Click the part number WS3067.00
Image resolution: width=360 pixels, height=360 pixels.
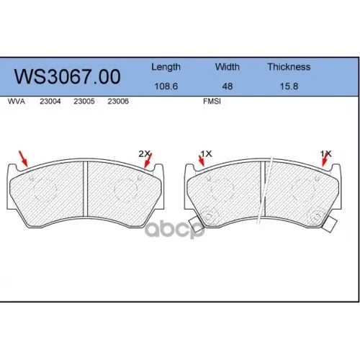tap(68, 76)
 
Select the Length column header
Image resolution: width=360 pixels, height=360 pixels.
tap(166, 67)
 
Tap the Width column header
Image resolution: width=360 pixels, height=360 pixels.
tap(228, 67)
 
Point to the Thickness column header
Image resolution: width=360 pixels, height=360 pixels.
tap(289, 67)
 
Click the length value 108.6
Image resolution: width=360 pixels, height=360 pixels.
tap(166, 86)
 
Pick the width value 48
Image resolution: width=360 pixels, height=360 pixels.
tap(228, 86)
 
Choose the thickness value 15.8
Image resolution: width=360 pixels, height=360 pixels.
tap(289, 86)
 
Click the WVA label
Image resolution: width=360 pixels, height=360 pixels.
tap(17, 102)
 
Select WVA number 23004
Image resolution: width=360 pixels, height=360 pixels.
tap(50, 102)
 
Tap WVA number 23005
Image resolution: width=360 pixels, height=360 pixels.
tap(84, 102)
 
